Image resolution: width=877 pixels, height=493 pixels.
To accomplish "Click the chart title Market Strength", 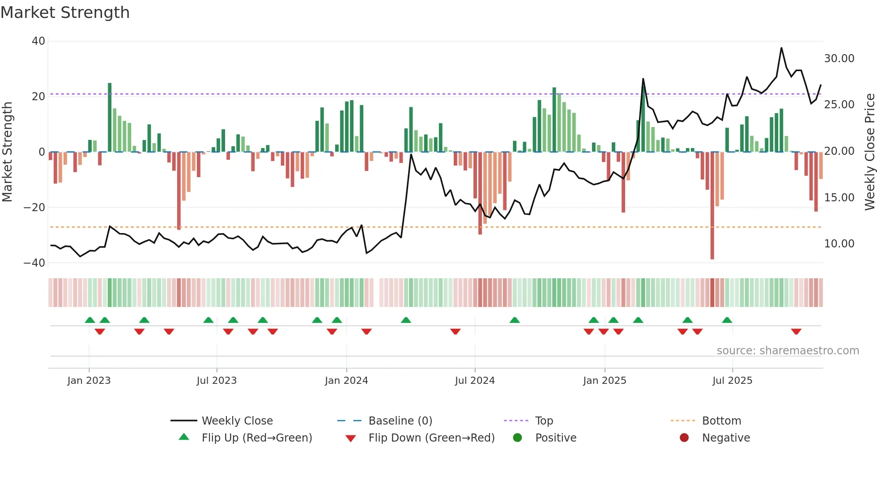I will click(x=65, y=13).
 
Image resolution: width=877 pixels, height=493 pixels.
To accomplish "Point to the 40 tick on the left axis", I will click(x=38, y=41).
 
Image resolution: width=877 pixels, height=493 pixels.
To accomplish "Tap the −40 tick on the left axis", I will click(x=34, y=263).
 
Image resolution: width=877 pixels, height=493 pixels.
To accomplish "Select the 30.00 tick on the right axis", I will click(x=839, y=59).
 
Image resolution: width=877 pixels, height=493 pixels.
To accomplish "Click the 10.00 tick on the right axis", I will click(x=839, y=244).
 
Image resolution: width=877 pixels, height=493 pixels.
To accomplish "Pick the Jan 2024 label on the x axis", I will click(x=346, y=381).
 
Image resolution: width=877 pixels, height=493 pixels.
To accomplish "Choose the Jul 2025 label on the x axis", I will click(x=732, y=381).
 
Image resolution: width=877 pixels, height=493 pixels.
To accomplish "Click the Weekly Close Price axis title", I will click(x=869, y=152).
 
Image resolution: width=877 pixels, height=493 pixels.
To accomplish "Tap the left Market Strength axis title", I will click(x=7, y=152).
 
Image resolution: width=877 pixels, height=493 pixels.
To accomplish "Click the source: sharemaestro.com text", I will click(x=788, y=351).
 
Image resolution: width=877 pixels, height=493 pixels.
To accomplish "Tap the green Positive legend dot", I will click(x=517, y=438).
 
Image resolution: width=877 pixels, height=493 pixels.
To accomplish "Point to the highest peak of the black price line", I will click(x=781, y=48).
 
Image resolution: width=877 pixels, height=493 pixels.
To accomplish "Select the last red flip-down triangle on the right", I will click(x=796, y=331).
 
